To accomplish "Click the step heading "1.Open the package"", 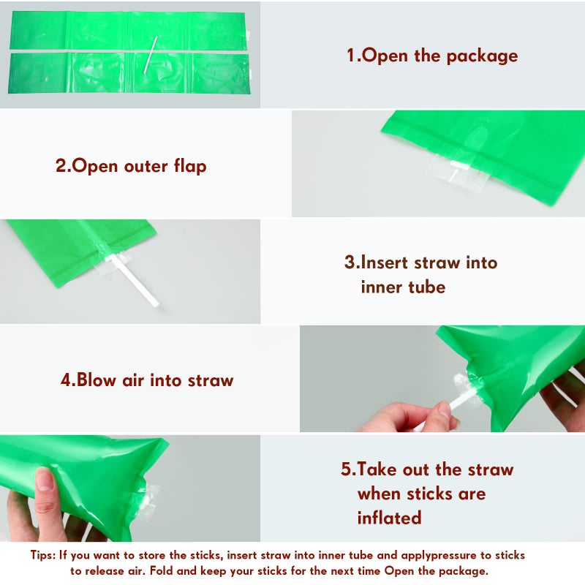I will point(431,56).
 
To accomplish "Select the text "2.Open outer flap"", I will point(131,166).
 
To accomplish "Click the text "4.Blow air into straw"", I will point(146,380).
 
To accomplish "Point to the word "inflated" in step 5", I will point(389,518).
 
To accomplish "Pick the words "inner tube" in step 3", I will point(403,287).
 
